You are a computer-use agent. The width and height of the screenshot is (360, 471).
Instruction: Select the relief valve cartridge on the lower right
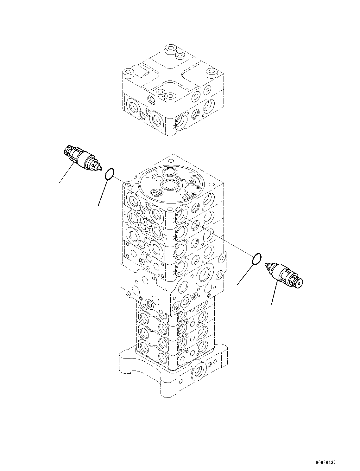(x=284, y=275)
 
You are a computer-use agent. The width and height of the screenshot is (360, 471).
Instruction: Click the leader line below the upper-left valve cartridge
(x=67, y=173)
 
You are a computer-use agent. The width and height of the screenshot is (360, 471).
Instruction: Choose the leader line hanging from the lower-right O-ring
(x=245, y=274)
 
